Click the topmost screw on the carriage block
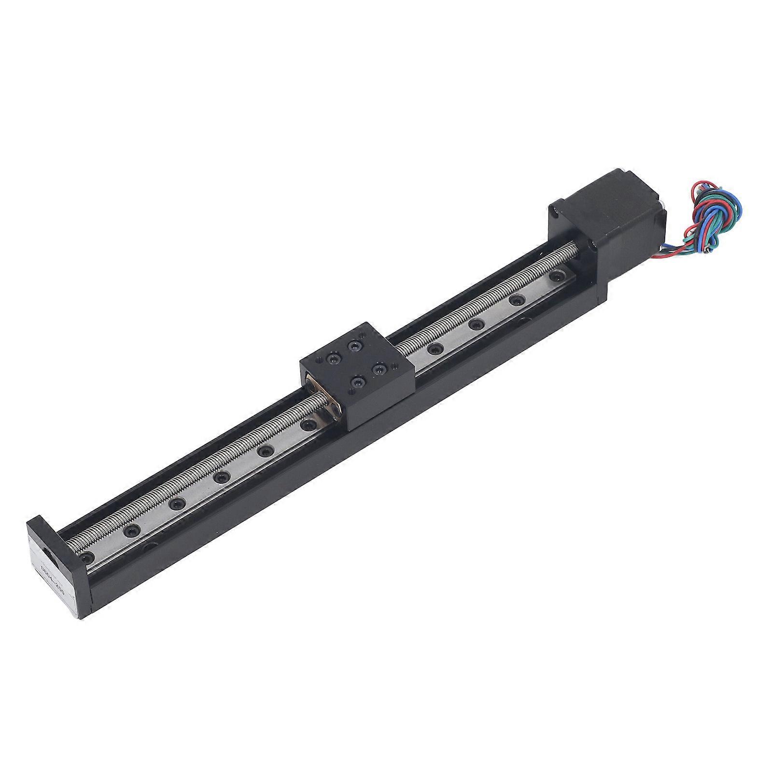tap(356, 345)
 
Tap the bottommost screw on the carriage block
tap(357, 382)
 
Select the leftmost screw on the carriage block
tap(333, 359)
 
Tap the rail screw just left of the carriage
tap(306, 425)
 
